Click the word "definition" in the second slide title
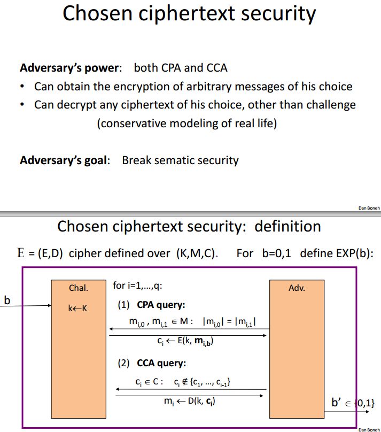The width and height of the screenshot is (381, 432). [287, 226]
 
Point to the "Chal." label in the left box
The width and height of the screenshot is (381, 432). [78, 288]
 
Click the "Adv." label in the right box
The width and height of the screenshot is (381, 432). [297, 288]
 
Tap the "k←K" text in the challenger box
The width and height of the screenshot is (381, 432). [77, 308]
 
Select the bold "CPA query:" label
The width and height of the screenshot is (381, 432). [161, 306]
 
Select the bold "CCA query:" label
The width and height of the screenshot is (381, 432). [161, 363]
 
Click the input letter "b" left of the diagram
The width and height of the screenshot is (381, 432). [7, 300]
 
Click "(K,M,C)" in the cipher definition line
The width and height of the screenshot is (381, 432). [196, 253]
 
